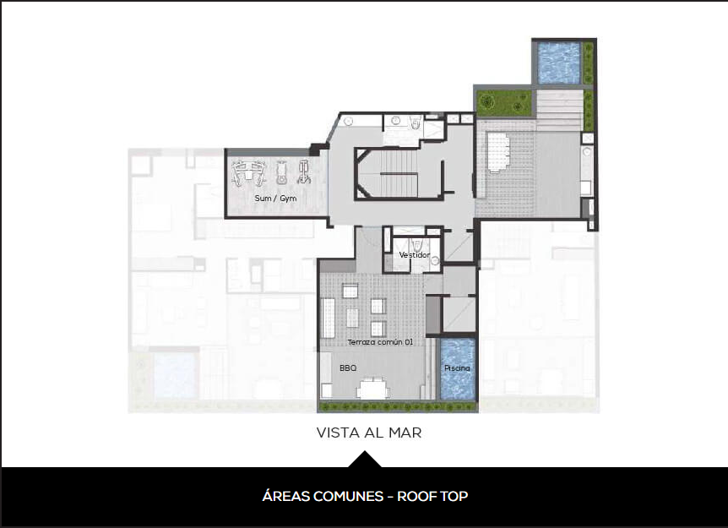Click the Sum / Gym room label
(x=275, y=199)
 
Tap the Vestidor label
(x=415, y=255)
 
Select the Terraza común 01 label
(x=380, y=342)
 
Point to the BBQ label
(x=348, y=367)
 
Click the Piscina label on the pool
(x=457, y=367)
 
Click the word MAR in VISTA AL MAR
(x=405, y=433)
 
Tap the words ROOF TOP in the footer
(x=432, y=497)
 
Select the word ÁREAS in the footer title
(x=285, y=497)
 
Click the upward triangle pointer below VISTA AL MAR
(x=365, y=460)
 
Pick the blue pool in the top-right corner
(x=558, y=63)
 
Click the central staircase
(x=399, y=173)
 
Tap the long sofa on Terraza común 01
(x=329, y=318)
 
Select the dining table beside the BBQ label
(x=372, y=389)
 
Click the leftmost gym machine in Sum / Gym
(x=248, y=173)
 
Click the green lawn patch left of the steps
(x=504, y=102)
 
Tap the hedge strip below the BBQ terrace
(x=398, y=407)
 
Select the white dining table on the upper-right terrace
(x=498, y=152)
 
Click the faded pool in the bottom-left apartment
(x=175, y=376)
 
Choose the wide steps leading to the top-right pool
(x=559, y=110)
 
